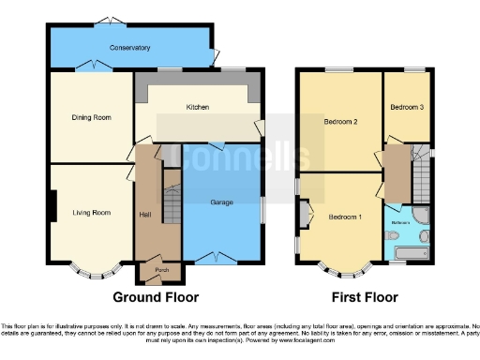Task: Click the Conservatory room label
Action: click(129, 47)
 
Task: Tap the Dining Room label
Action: click(92, 117)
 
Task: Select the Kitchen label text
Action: click(197, 108)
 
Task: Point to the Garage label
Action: click(221, 202)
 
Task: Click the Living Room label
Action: click(91, 213)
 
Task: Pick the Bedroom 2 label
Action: click(341, 121)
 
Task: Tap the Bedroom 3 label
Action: click(407, 108)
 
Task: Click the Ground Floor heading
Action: click(156, 297)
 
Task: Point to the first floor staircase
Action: click(421, 173)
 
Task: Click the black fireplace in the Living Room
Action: click(54, 206)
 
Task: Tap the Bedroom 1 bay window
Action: click(341, 274)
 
